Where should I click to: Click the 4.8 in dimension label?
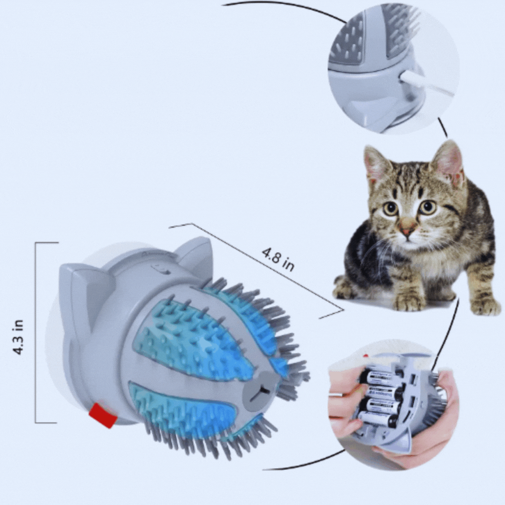(x=278, y=260)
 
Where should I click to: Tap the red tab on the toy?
(x=103, y=415)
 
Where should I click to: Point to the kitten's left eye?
(x=390, y=209)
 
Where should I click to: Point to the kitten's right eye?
(x=427, y=207)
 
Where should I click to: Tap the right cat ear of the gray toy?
(x=194, y=255)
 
